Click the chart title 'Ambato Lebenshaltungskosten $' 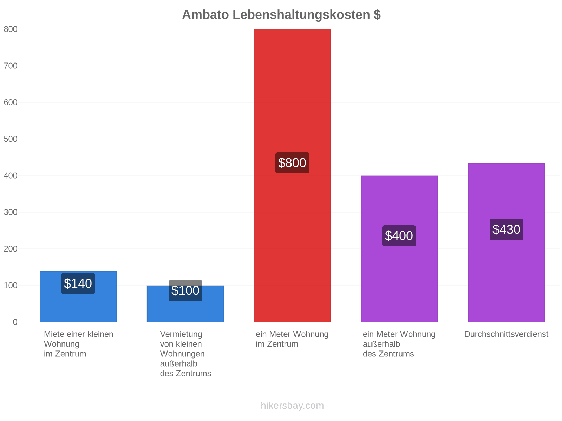pyautogui.click(x=281, y=15)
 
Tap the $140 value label pyautogui.click(x=78, y=283)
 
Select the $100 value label pyautogui.click(x=185, y=290)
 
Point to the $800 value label pyautogui.click(x=292, y=163)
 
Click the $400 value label pyautogui.click(x=399, y=236)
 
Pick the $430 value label pyautogui.click(x=506, y=229)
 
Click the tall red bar pyautogui.click(x=292, y=175)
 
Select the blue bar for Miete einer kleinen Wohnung pyautogui.click(x=78, y=296)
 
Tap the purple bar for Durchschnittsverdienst pyautogui.click(x=506, y=242)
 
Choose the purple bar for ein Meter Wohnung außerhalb pyautogui.click(x=399, y=249)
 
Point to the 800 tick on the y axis pyautogui.click(x=11, y=29)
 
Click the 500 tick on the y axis pyautogui.click(x=11, y=139)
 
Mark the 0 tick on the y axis pyautogui.click(x=15, y=322)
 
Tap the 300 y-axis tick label pyautogui.click(x=11, y=212)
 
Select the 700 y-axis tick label pyautogui.click(x=11, y=66)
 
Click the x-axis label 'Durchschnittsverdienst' pyautogui.click(x=506, y=334)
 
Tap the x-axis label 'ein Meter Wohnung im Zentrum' pyautogui.click(x=292, y=339)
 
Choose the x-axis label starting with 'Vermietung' pyautogui.click(x=185, y=354)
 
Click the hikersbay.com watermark pyautogui.click(x=292, y=406)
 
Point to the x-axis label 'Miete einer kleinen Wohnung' pyautogui.click(x=78, y=344)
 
